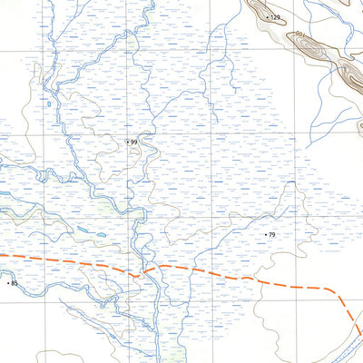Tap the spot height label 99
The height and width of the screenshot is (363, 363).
click(x=134, y=142)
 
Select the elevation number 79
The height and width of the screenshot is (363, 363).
click(x=271, y=235)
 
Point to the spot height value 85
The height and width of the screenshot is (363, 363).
click(x=15, y=284)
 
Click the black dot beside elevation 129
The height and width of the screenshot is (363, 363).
click(x=267, y=16)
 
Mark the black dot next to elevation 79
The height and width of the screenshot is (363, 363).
click(x=265, y=235)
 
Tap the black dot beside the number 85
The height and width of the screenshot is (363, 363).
click(x=8, y=284)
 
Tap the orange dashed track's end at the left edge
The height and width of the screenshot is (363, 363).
click(x=2, y=257)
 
